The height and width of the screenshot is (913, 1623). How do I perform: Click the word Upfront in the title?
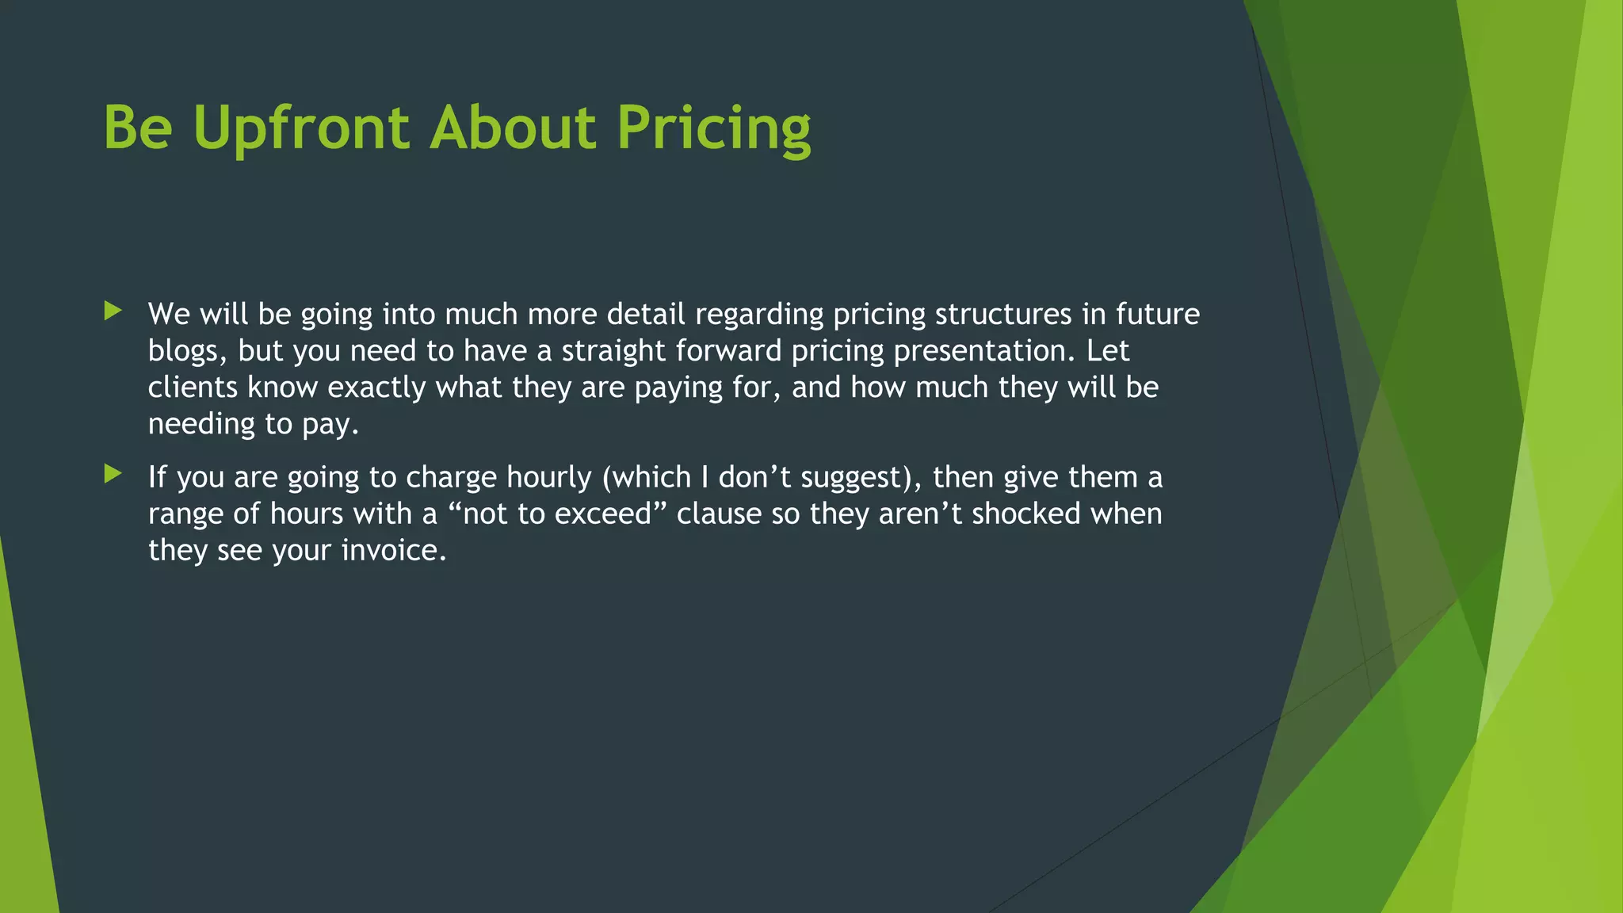click(x=301, y=128)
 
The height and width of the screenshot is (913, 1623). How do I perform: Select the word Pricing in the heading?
click(x=714, y=128)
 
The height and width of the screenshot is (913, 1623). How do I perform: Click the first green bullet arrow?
click(x=113, y=311)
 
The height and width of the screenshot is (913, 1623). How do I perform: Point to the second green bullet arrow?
click(x=113, y=474)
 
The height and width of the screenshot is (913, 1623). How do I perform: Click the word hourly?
click(x=549, y=478)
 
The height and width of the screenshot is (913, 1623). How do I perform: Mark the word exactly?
click(x=376, y=388)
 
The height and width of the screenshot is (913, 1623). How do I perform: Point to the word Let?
click(x=1108, y=351)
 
